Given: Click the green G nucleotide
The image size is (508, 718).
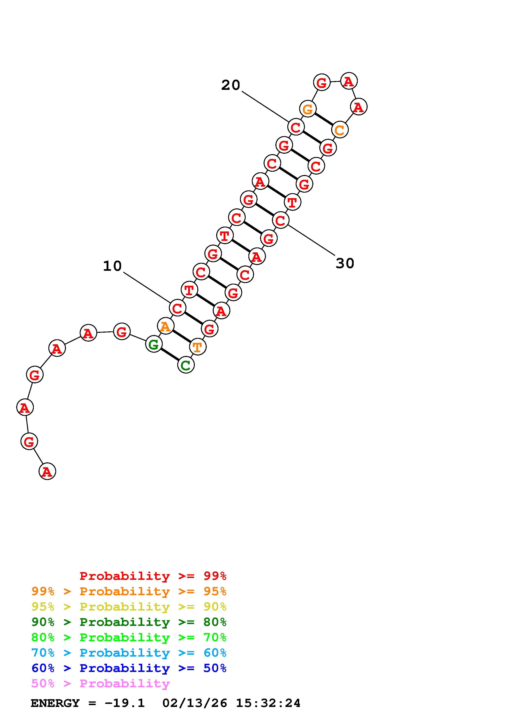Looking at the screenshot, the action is [x=154, y=344].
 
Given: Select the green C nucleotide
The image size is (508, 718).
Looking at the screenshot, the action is [x=186, y=365].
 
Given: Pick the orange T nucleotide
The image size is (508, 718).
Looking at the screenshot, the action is [x=198, y=347].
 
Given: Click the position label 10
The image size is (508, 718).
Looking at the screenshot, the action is [x=112, y=266].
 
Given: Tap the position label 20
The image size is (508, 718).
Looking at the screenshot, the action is [x=231, y=85].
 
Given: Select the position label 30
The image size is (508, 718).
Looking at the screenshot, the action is [x=345, y=263].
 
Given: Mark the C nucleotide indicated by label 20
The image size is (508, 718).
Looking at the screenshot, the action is [x=296, y=127].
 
